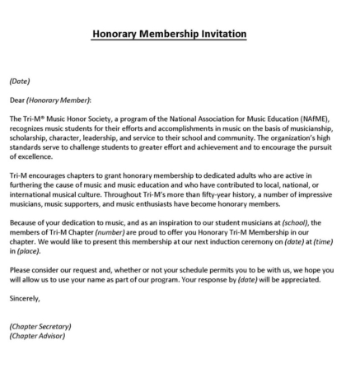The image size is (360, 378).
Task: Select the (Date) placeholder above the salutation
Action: tap(20, 82)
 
